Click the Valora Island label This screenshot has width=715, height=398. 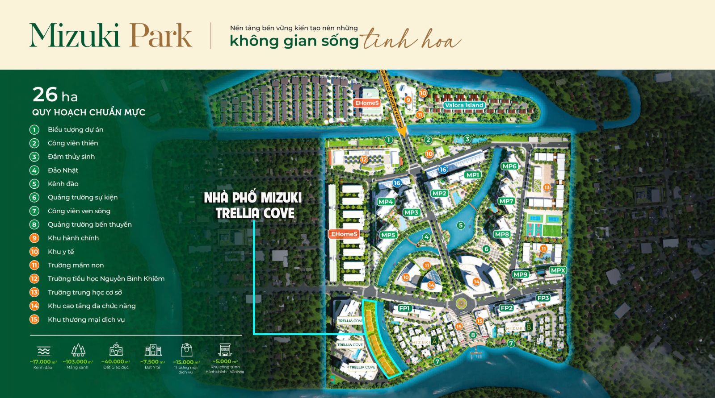point(464,105)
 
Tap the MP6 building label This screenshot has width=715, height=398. point(509,166)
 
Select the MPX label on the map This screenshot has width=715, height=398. point(558,270)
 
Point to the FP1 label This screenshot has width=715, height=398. point(404,308)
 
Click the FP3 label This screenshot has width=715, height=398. point(543,298)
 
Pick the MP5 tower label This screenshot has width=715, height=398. point(388,235)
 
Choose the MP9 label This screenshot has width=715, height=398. point(521,274)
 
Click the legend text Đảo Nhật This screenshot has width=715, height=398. point(63,170)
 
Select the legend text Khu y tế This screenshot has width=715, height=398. point(61,252)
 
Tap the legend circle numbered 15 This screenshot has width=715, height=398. point(34,319)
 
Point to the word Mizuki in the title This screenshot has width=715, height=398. point(74,36)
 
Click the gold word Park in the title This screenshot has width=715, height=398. point(161,36)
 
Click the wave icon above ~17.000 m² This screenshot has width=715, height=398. point(44,351)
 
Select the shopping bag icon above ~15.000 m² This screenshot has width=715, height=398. point(186,350)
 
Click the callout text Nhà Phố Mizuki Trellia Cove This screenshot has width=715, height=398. point(253,205)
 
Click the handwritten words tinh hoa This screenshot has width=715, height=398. point(411,40)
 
